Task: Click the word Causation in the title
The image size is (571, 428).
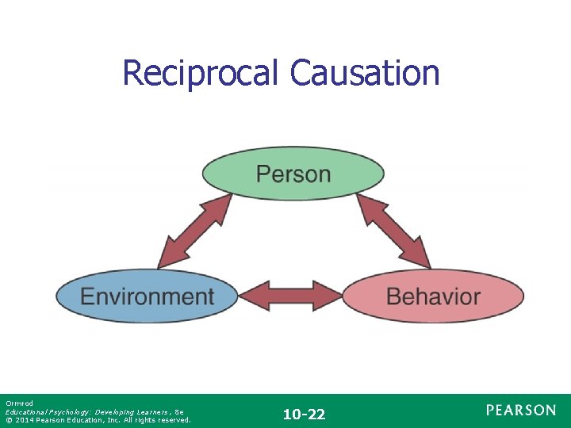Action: [364, 73]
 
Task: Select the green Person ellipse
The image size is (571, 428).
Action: [293, 174]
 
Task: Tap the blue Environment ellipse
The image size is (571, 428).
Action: [147, 297]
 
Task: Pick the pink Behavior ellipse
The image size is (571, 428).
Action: [433, 297]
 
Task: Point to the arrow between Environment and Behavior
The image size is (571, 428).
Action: [290, 296]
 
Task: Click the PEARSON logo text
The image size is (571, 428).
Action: [521, 410]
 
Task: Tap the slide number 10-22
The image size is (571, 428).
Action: [305, 414]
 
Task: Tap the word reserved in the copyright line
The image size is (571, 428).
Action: [174, 420]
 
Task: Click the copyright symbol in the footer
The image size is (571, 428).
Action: [8, 420]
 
